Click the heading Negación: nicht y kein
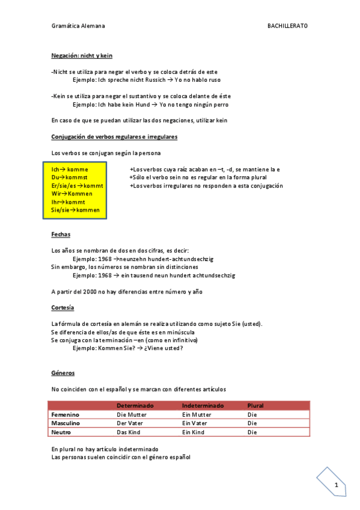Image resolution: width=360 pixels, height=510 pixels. [x=82, y=56]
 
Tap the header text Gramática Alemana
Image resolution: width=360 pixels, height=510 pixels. [x=78, y=26]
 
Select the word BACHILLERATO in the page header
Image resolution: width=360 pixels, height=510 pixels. [x=287, y=26]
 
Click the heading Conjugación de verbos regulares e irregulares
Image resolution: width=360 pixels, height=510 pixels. [x=114, y=137]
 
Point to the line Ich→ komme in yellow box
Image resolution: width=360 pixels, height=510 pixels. [x=70, y=170]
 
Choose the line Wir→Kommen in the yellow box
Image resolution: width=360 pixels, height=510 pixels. [x=72, y=194]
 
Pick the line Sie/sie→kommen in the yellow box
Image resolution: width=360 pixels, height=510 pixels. [x=76, y=210]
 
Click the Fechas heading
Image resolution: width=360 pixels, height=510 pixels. [x=61, y=234]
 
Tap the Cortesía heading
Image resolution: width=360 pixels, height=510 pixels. [x=63, y=307]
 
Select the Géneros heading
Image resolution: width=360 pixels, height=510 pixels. [x=63, y=373]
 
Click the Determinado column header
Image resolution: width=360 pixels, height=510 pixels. [x=135, y=406]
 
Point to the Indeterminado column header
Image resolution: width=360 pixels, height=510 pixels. [x=203, y=406]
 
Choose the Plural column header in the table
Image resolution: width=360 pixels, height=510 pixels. [x=255, y=406]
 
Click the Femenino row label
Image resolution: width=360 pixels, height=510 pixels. [x=66, y=415]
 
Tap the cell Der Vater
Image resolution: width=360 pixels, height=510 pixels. [x=130, y=423]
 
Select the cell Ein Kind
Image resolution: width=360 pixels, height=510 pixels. [x=193, y=432]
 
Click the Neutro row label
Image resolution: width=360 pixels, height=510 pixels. [x=62, y=432]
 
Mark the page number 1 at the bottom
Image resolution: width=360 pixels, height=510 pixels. [x=337, y=485]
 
